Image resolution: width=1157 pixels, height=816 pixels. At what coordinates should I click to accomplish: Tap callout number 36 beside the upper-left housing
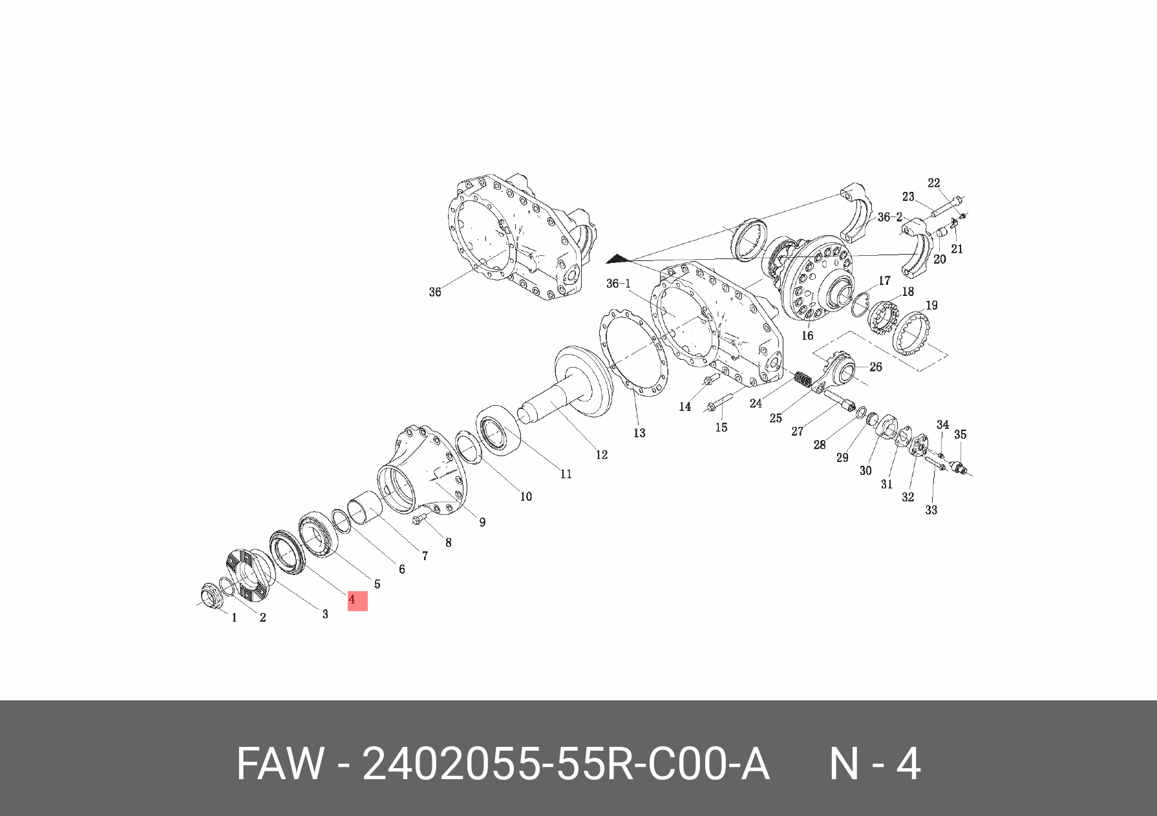(x=435, y=292)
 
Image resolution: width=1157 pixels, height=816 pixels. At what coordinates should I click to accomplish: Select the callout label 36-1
(x=619, y=284)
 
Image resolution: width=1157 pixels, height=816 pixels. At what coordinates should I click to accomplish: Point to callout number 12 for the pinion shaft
(x=602, y=455)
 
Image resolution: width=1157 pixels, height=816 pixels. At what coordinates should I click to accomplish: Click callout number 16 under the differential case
(x=807, y=335)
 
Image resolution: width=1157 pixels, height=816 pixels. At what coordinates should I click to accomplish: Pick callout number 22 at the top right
(x=933, y=183)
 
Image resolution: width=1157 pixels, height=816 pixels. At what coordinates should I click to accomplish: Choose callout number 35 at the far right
(x=961, y=434)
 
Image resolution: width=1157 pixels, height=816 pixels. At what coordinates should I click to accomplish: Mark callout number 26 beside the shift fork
(x=876, y=367)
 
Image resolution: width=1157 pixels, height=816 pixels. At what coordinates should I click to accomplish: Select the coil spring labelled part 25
(x=802, y=379)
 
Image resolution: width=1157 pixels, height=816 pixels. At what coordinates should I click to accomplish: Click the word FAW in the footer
(x=279, y=764)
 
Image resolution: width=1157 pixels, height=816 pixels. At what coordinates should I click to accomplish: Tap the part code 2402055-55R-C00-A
(x=566, y=764)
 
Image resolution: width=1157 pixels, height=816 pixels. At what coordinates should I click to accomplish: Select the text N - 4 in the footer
(x=875, y=764)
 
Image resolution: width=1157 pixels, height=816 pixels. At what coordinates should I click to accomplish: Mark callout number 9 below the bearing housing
(x=482, y=522)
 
